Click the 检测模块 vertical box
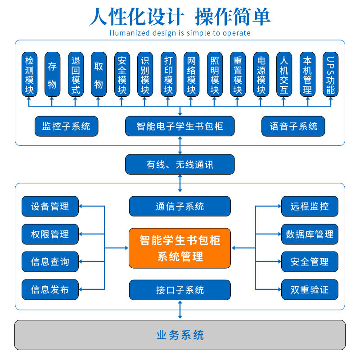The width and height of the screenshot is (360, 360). click(x=30, y=74)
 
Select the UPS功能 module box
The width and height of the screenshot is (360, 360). click(x=330, y=74)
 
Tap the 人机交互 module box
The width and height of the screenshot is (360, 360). click(x=284, y=74)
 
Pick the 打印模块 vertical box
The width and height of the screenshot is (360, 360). click(x=168, y=74)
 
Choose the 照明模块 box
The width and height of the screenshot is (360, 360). click(x=215, y=74)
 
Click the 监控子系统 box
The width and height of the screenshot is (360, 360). click(x=66, y=126)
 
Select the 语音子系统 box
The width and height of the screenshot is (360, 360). click(x=293, y=126)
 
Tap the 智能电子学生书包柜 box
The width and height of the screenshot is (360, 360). click(x=180, y=126)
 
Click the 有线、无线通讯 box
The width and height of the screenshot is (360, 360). click(x=180, y=165)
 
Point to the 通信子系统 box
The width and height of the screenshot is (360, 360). click(x=180, y=207)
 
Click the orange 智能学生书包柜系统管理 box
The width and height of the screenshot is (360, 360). click(x=180, y=248)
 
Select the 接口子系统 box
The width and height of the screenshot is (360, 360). click(x=180, y=290)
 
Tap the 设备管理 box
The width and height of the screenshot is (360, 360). click(x=50, y=207)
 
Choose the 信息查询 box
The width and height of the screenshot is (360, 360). click(x=50, y=261)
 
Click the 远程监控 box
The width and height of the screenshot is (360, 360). click(x=310, y=207)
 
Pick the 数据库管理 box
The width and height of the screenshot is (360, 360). click(x=310, y=234)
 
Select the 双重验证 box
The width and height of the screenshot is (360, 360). click(x=310, y=290)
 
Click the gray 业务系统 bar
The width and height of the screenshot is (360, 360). click(x=180, y=335)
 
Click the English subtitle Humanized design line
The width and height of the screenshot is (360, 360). click(x=180, y=33)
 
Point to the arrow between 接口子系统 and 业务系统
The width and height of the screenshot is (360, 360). click(x=180, y=310)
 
